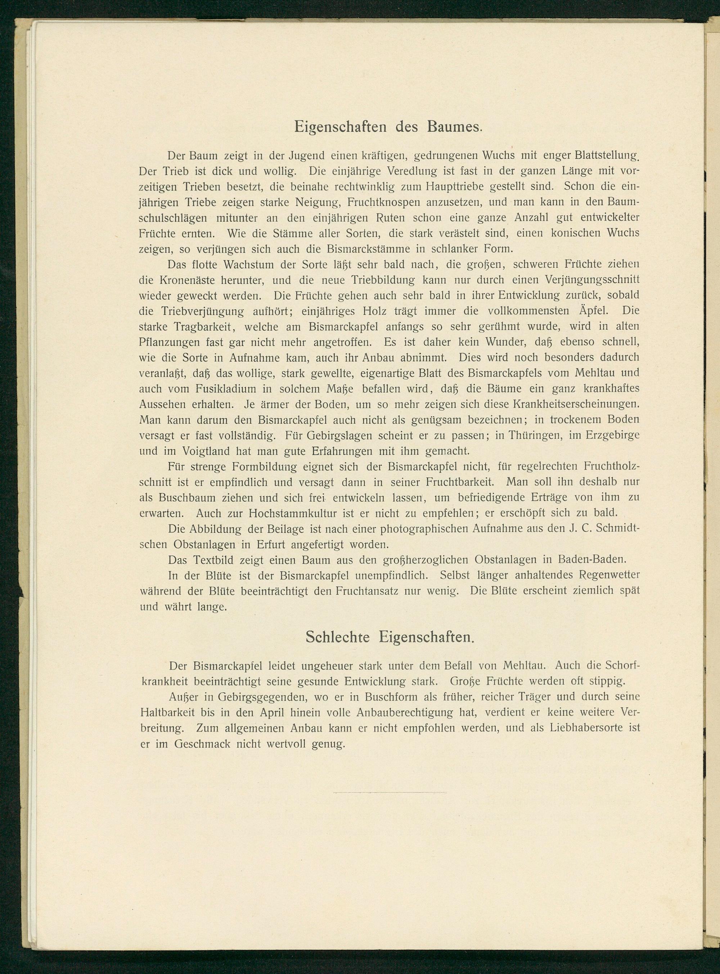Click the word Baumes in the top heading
[454, 126]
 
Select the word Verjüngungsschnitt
[592, 280]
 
